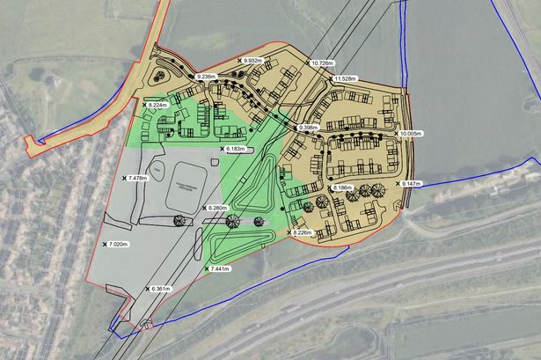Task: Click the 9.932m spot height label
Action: click(261, 60)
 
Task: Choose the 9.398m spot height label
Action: click(310, 128)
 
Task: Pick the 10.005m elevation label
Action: click(410, 133)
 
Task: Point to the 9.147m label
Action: click(411, 183)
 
